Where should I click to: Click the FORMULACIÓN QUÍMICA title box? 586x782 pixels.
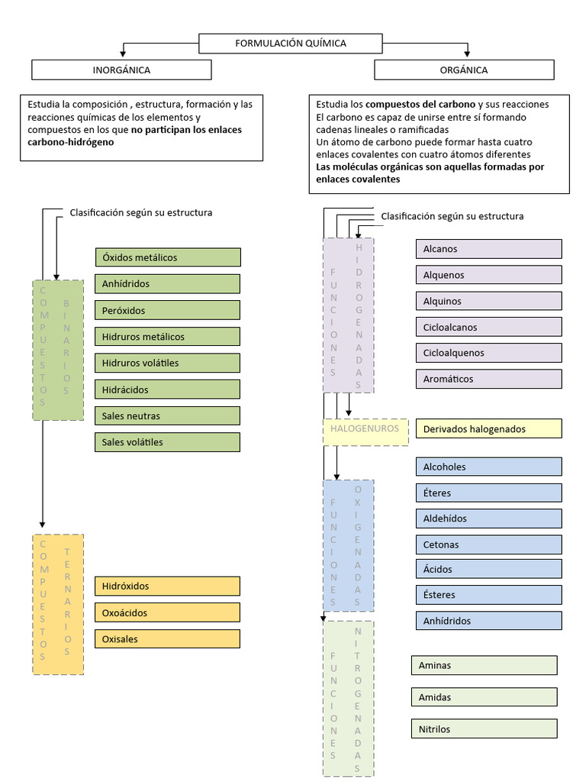[x=290, y=44]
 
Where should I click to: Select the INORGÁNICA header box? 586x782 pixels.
[x=121, y=70]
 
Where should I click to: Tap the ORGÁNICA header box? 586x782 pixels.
[x=464, y=70]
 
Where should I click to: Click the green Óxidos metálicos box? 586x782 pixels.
[x=168, y=257]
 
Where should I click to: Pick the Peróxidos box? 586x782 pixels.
[x=168, y=311]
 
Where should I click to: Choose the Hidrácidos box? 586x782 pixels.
[x=168, y=389]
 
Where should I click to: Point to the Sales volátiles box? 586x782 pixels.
[x=168, y=442]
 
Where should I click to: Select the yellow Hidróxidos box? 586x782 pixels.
[x=168, y=586]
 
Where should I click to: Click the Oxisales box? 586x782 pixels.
[x=168, y=639]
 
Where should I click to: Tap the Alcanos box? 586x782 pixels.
[x=488, y=249]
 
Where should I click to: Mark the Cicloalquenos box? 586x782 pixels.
[x=488, y=353]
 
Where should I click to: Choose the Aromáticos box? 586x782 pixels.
[x=488, y=379]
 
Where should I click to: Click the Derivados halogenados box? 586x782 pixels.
[x=488, y=429]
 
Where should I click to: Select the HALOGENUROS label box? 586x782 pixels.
[x=365, y=429]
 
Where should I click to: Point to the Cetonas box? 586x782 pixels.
[x=488, y=545]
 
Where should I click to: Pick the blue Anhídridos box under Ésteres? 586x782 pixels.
[x=488, y=621]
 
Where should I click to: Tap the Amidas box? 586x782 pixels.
[x=484, y=697]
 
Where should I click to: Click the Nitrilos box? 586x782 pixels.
[x=484, y=729]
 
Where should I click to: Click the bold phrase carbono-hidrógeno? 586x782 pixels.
[x=70, y=142]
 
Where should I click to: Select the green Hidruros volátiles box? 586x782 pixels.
[x=168, y=363]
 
